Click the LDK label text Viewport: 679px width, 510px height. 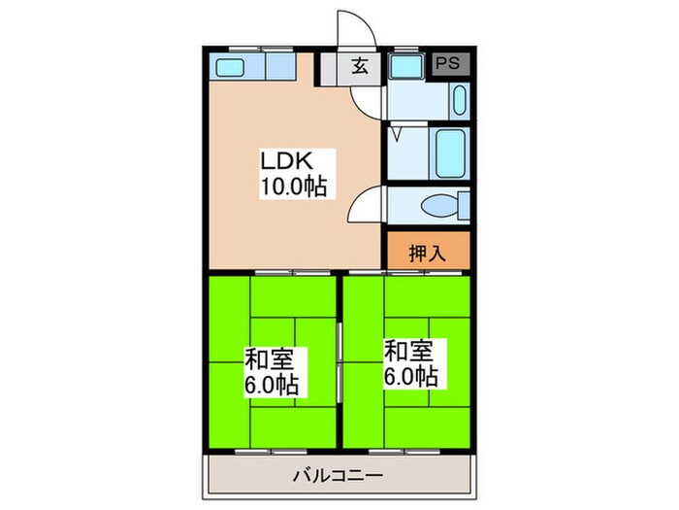283,160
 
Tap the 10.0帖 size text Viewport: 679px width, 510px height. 291,187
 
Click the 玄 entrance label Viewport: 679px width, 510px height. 360,67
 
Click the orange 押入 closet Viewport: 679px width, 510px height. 428,254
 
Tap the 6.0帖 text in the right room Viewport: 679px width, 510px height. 410,376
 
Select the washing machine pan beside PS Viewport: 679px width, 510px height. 404,67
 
